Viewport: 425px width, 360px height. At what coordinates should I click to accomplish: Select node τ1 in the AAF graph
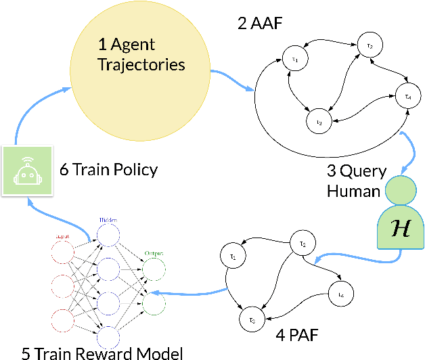click(x=294, y=60)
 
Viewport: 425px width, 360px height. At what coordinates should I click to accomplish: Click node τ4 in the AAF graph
click(x=407, y=95)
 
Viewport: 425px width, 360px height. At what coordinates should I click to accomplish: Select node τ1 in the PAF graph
click(x=233, y=257)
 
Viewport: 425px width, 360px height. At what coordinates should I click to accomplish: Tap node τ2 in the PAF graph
click(x=303, y=244)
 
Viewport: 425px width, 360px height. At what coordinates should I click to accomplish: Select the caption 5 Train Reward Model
click(x=93, y=351)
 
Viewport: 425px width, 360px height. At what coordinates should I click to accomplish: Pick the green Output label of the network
click(x=154, y=254)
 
